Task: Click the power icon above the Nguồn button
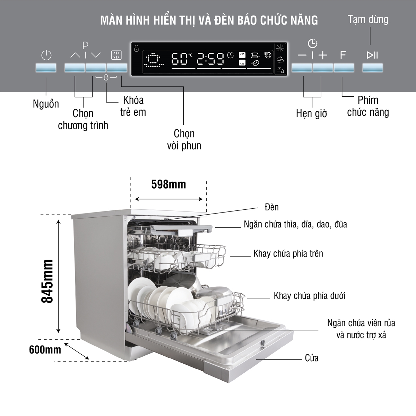click(x=46, y=55)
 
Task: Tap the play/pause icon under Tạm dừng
click(x=372, y=55)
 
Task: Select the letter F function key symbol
click(x=343, y=55)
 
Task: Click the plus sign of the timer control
click(x=323, y=55)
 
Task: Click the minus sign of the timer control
click(x=302, y=55)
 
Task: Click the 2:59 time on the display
click(x=210, y=59)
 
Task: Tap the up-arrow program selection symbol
click(x=75, y=55)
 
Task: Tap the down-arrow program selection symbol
click(x=96, y=55)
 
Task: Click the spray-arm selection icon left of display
click(x=116, y=55)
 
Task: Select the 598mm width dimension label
click(x=168, y=184)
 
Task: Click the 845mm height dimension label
click(x=47, y=281)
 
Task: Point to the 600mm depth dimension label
click(x=45, y=349)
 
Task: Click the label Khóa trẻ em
click(x=133, y=106)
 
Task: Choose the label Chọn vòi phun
click(x=184, y=139)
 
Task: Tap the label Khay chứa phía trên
click(x=288, y=253)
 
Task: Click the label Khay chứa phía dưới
click(x=309, y=296)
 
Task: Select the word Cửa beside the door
click(x=312, y=358)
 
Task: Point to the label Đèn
click(x=271, y=207)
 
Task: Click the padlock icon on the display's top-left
click(x=137, y=48)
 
